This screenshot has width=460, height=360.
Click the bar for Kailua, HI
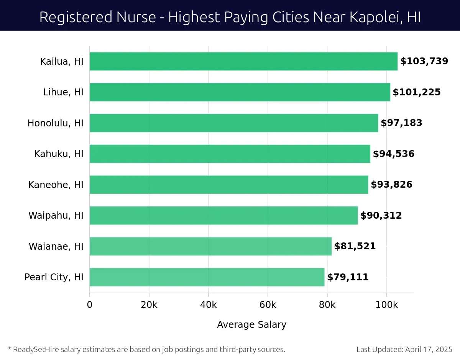pyautogui.click(x=243, y=61)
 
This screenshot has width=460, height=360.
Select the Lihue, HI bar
pyautogui.click(x=240, y=92)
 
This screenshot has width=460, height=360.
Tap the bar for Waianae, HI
pyautogui.click(x=210, y=246)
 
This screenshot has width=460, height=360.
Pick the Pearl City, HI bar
pyautogui.click(x=207, y=277)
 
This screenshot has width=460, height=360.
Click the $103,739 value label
pyautogui.click(x=424, y=61)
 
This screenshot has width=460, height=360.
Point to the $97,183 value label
pyautogui.click(x=401, y=123)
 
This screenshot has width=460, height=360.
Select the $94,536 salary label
pyautogui.click(x=394, y=154)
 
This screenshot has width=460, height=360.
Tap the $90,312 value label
pyautogui.click(x=381, y=216)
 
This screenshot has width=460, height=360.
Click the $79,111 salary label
pyautogui.click(x=348, y=277)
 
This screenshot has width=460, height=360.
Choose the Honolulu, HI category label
pyautogui.click(x=56, y=123)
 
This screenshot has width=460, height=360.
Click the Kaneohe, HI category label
pyautogui.click(x=56, y=185)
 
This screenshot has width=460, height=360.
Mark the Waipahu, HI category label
pyautogui.click(x=56, y=216)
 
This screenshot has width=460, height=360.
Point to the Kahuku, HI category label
pyautogui.click(x=59, y=154)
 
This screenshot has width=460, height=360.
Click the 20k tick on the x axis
pyautogui.click(x=149, y=305)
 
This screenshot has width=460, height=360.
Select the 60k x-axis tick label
pyautogui.click(x=268, y=305)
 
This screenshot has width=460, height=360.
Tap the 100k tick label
pyautogui.click(x=386, y=305)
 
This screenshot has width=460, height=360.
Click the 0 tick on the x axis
pyautogui.click(x=90, y=305)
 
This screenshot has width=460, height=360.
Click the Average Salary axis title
pyautogui.click(x=251, y=325)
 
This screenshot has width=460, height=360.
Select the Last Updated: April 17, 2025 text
pyautogui.click(x=404, y=349)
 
